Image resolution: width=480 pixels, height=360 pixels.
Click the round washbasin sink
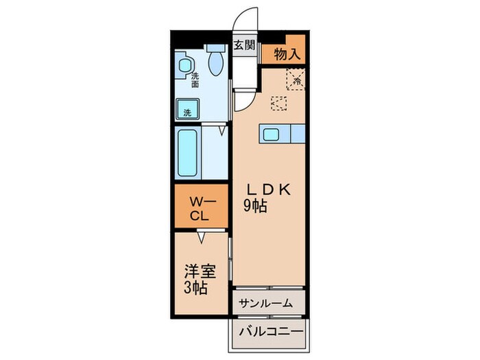click(184, 67)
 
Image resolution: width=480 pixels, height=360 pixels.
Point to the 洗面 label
click(195, 80)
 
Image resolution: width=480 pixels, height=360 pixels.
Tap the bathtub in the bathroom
click(188, 152)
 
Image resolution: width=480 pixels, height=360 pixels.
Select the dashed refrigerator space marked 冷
click(297, 80)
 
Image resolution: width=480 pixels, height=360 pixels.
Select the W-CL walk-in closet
click(200, 208)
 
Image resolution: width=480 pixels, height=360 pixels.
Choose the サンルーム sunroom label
click(266, 302)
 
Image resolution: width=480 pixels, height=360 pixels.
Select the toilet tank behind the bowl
click(217, 49)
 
